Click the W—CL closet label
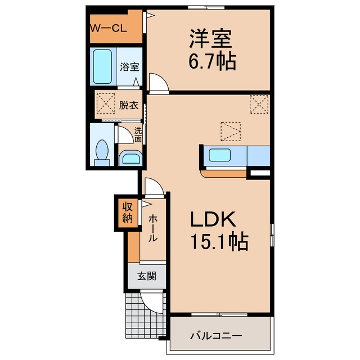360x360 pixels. click(108, 29)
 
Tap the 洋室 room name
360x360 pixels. click(210, 39)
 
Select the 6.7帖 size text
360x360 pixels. click(213, 61)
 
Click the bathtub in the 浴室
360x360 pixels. click(102, 66)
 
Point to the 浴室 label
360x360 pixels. click(129, 67)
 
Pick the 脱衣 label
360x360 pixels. click(129, 105)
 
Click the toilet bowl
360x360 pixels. click(102, 150)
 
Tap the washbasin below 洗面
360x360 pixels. click(131, 158)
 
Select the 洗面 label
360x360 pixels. click(138, 134)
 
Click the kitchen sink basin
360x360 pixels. click(219, 155)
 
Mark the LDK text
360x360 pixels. click(213, 219)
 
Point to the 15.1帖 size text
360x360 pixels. click(219, 241)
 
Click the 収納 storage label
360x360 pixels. click(128, 213)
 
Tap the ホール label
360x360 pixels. click(152, 228)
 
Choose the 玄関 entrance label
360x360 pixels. click(147, 276)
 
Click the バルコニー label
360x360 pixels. click(216, 336)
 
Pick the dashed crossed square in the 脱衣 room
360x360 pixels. click(106, 103)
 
